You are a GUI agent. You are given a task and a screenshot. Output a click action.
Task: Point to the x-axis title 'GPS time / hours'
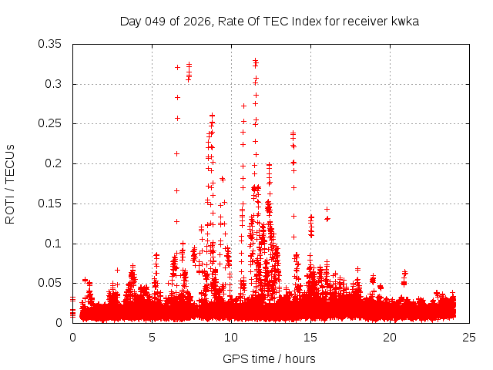coord(269,358)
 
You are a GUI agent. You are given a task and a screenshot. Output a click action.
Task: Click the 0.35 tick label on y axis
coord(52,44)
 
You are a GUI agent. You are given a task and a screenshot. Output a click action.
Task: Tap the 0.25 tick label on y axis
coord(52,123)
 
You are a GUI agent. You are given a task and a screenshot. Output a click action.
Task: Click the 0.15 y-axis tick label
coord(52,203)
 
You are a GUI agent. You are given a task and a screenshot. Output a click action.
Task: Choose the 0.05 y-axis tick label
coord(52,283)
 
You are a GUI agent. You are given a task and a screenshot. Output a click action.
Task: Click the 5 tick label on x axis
coord(152,337)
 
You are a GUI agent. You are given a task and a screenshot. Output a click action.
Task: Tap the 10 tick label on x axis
coord(231,337)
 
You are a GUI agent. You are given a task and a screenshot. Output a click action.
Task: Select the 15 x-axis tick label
coord(310,337)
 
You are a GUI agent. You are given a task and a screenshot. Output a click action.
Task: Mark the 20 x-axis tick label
coord(390,337)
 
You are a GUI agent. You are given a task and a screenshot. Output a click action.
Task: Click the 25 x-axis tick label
coord(469,337)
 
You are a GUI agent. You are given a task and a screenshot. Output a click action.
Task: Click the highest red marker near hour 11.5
coord(255,60)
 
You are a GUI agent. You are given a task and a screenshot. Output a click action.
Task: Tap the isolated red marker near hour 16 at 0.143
coord(327,209)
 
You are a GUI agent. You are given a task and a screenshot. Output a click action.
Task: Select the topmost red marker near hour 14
coord(293,133)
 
